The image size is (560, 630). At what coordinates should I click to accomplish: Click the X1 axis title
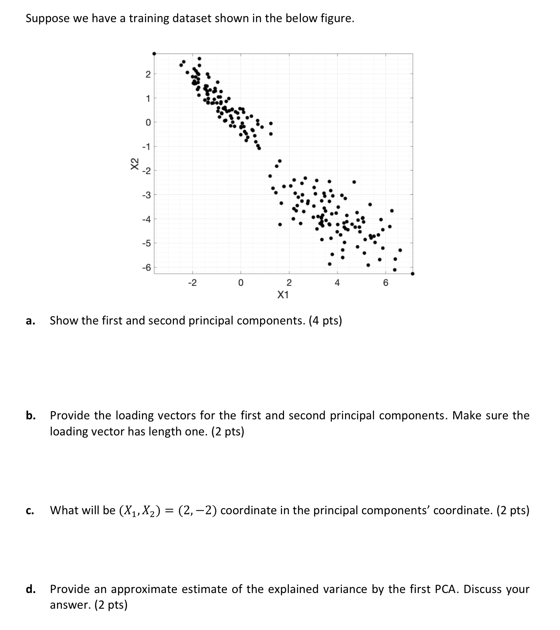point(283,295)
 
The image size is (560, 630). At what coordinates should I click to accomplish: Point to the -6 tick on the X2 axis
point(147,267)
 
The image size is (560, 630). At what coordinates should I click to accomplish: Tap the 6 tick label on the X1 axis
point(386,283)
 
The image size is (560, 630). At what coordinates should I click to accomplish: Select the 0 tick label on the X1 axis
point(240,283)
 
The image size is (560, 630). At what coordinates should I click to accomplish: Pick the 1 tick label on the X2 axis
point(148,98)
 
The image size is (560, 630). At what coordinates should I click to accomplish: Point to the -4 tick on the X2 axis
point(147,219)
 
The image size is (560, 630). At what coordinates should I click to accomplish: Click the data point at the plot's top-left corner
point(154,53)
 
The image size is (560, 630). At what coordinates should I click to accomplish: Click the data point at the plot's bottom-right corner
point(413,274)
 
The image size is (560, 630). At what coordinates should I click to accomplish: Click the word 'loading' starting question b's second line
point(68,431)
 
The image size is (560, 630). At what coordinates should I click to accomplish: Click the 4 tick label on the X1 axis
point(337,283)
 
